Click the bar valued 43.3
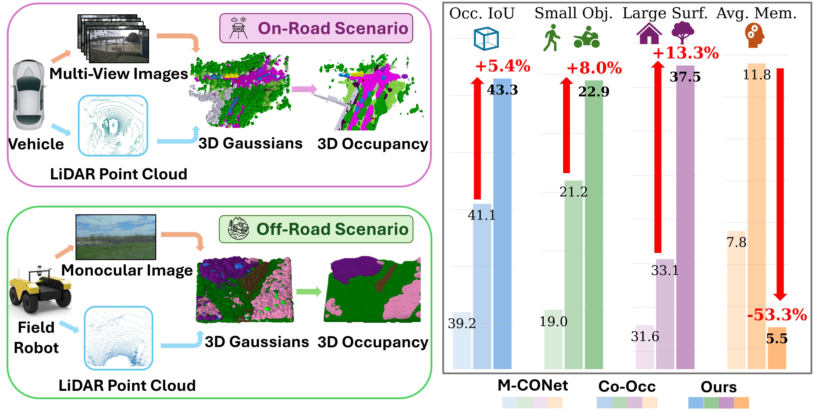click(502, 224)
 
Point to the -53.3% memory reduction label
click(777, 315)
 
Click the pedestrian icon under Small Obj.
click(551, 38)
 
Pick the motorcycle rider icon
click(587, 37)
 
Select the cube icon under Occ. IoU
click(486, 38)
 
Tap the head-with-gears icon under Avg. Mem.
click(754, 35)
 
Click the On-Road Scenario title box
click(316, 28)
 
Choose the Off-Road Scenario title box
click(316, 229)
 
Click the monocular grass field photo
click(116, 237)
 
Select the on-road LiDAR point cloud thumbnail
click(113, 126)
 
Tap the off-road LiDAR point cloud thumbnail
click(118, 338)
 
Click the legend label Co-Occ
click(627, 387)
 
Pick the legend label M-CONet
click(532, 385)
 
